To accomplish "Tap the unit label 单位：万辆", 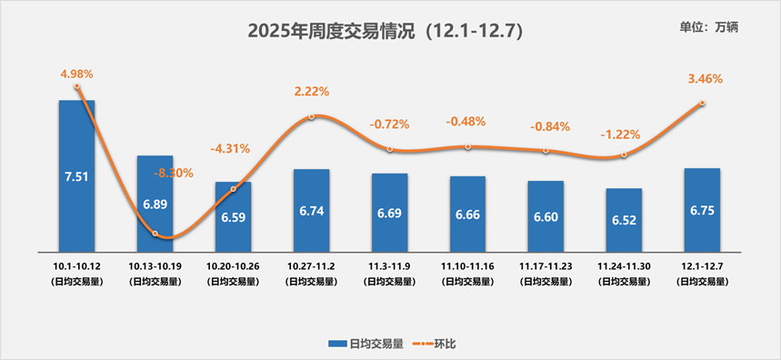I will click(x=709, y=26).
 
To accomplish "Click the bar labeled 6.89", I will click(x=155, y=204).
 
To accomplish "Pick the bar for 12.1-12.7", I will click(x=702, y=210).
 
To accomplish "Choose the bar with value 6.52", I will click(x=624, y=220).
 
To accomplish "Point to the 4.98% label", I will click(x=77, y=73).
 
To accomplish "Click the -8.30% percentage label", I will click(x=173, y=173).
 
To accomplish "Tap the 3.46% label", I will click(x=706, y=79).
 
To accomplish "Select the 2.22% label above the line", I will click(x=312, y=92).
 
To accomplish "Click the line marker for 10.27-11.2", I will click(x=312, y=116).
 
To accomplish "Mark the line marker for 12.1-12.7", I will click(x=702, y=104).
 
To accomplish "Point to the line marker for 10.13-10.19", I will click(x=155, y=234).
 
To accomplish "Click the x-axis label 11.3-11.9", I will click(x=389, y=265).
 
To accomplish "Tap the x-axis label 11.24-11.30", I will click(x=624, y=265).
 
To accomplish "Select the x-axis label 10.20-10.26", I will click(x=234, y=265).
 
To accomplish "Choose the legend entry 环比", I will click(x=434, y=344).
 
